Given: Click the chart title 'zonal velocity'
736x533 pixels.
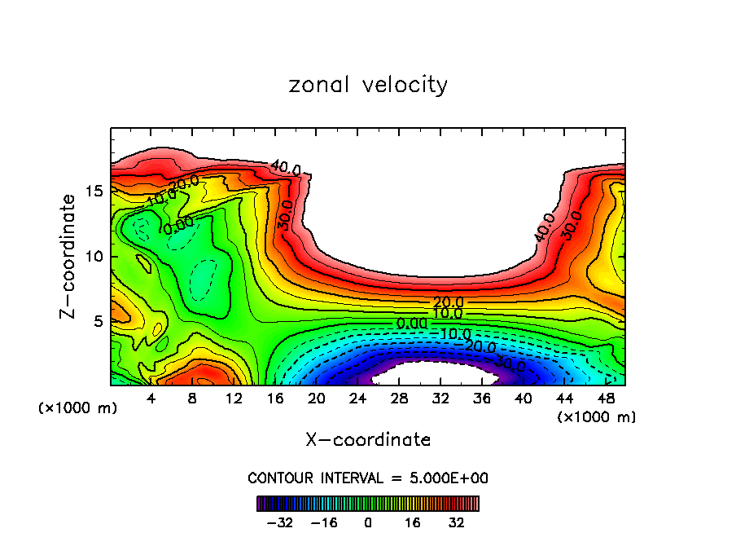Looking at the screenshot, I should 368,85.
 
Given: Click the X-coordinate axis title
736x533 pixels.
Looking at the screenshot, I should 368,440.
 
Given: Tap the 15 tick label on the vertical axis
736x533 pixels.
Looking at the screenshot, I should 94,191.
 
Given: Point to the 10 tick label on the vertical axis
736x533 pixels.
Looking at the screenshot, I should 94,256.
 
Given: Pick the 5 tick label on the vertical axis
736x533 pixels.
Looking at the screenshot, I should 98,321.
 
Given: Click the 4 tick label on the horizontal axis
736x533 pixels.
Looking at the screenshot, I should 151,399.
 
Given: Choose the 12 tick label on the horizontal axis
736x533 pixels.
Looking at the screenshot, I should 234,399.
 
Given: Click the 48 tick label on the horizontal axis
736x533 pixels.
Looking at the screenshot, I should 605,399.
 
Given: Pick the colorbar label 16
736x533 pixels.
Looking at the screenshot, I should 412,522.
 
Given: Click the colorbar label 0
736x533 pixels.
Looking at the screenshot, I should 368,522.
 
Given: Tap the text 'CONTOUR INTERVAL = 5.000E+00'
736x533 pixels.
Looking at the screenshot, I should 368,478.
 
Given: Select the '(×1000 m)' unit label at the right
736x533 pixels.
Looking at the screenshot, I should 597,416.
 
